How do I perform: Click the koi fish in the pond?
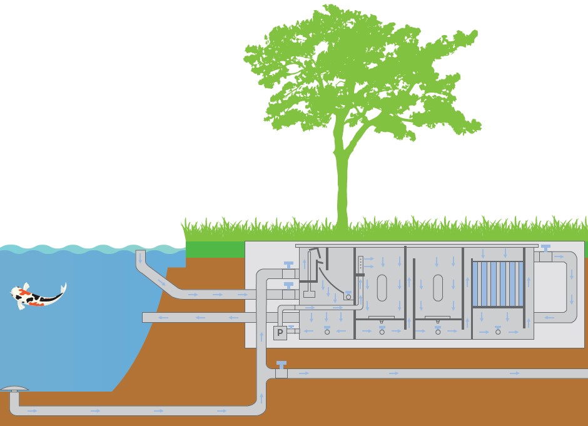[38, 296]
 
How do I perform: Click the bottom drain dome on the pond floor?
[14, 388]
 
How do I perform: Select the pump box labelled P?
[280, 333]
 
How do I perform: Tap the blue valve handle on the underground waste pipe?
[281, 364]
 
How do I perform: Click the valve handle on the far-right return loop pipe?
[546, 248]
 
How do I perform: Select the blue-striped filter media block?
[498, 284]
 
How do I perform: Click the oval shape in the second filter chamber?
[382, 288]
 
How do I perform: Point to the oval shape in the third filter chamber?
[438, 288]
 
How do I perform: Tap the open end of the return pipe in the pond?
[144, 318]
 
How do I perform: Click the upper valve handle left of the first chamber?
[288, 265]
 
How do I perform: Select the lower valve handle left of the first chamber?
[288, 285]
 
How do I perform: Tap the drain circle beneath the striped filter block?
[498, 332]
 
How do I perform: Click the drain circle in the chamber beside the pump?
[327, 332]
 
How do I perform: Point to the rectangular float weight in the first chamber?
[309, 294]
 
